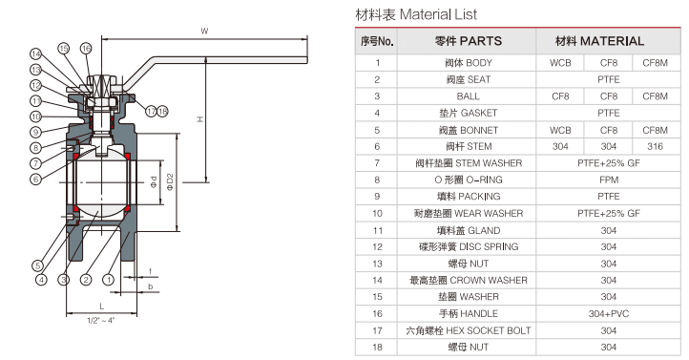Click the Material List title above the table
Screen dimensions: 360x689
click(416, 15)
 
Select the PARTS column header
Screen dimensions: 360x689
click(468, 41)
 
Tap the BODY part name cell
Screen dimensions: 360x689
click(468, 62)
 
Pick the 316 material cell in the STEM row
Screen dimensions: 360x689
click(655, 146)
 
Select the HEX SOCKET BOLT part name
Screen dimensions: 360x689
click(468, 330)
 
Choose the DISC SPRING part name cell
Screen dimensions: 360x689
click(468, 246)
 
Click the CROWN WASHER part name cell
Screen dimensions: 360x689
click(468, 280)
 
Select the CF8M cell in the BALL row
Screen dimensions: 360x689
click(655, 95)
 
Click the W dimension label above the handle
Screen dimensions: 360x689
click(204, 32)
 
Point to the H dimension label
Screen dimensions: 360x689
click(199, 118)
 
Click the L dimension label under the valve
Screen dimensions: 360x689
click(101, 305)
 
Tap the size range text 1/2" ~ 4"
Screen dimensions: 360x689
click(101, 320)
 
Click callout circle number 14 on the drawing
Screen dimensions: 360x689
click(35, 53)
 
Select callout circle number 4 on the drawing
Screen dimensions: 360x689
click(41, 280)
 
